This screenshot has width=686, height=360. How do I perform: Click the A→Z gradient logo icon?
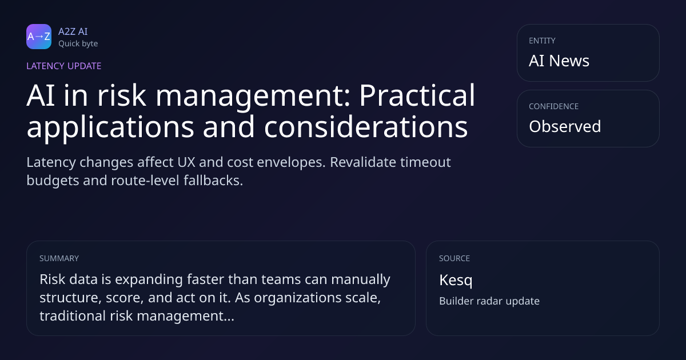click(x=39, y=37)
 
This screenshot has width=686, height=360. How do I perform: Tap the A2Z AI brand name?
click(x=73, y=31)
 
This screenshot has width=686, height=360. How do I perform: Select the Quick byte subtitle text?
click(x=78, y=44)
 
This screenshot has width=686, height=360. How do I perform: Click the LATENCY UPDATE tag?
click(x=63, y=66)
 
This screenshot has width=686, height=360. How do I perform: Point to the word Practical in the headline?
click(x=417, y=95)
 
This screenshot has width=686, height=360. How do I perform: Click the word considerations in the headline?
click(x=366, y=127)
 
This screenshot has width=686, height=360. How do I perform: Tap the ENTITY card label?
click(x=542, y=41)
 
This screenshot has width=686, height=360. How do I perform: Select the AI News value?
click(x=559, y=61)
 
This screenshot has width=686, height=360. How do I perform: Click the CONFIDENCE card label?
click(x=554, y=106)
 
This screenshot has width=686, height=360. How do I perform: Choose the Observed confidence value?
click(x=565, y=126)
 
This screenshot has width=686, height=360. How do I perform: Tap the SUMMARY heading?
click(x=59, y=258)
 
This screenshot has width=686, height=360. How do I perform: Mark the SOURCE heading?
click(x=454, y=258)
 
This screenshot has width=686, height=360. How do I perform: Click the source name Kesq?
click(x=456, y=281)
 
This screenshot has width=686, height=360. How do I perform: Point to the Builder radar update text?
click(x=489, y=301)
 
